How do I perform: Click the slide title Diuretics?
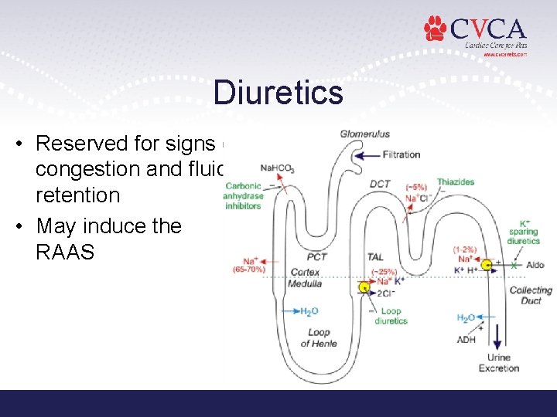(x=278, y=93)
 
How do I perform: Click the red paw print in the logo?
(x=436, y=29)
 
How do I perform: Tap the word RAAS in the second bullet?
(x=65, y=253)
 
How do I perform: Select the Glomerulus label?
(x=364, y=134)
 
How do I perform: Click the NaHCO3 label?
(x=277, y=168)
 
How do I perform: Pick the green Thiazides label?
(x=455, y=182)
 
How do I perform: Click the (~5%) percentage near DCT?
(x=415, y=187)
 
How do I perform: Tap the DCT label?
(x=380, y=184)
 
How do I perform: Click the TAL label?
(x=375, y=257)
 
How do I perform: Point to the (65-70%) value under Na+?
(x=249, y=270)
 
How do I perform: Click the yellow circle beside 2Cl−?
(x=364, y=288)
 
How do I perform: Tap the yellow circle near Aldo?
(x=487, y=266)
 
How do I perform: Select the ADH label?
(x=466, y=340)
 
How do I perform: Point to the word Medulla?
(x=305, y=283)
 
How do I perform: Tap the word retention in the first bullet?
(x=78, y=195)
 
